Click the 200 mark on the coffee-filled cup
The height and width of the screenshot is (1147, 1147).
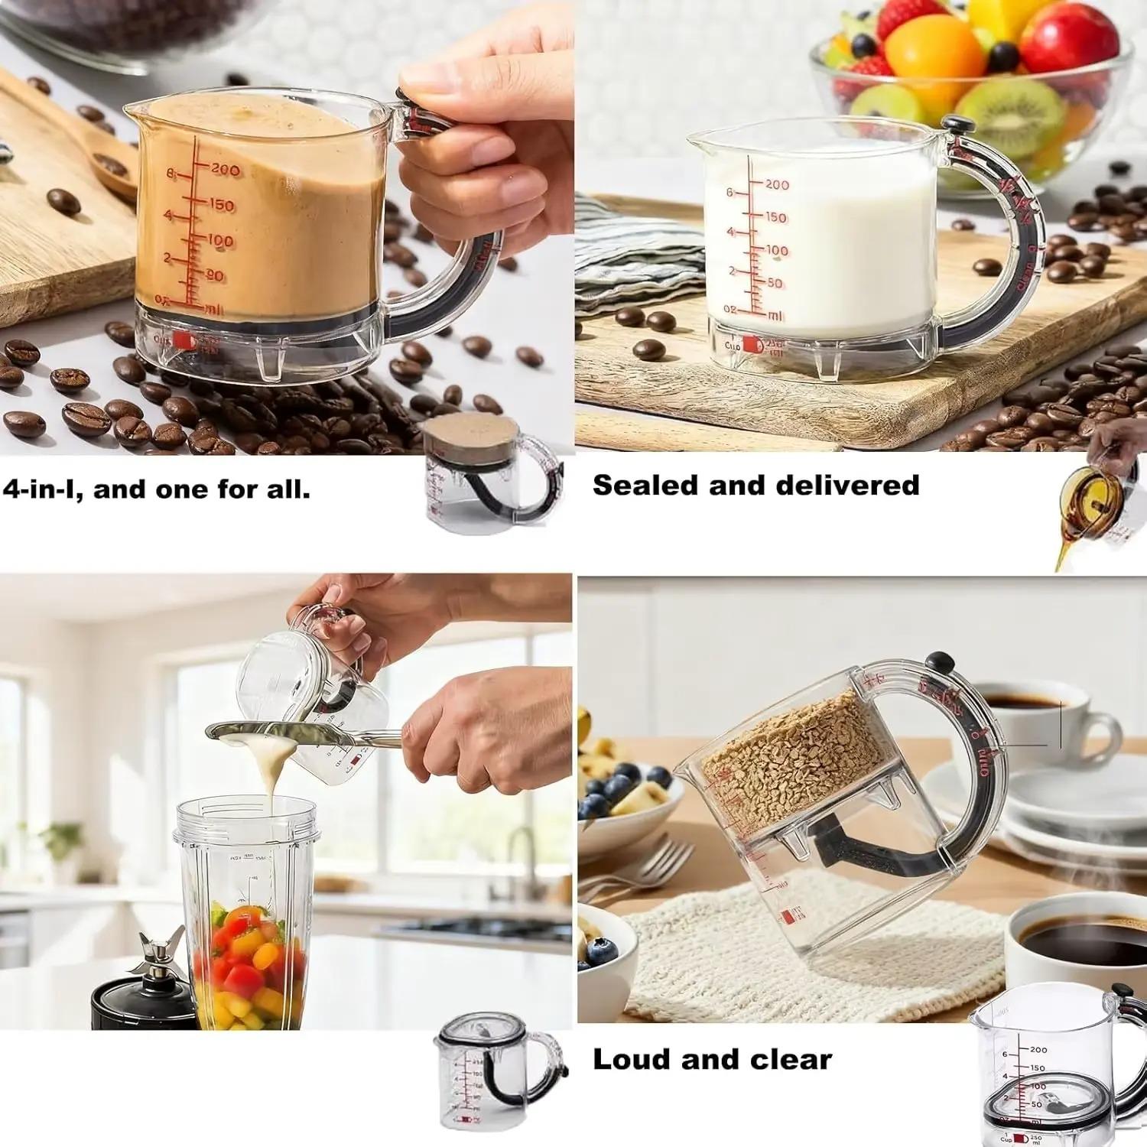pyautogui.click(x=224, y=169)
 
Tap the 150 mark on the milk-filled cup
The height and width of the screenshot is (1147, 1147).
pyautogui.click(x=775, y=217)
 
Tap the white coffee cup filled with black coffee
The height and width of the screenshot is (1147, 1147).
pyautogui.click(x=1063, y=948)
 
